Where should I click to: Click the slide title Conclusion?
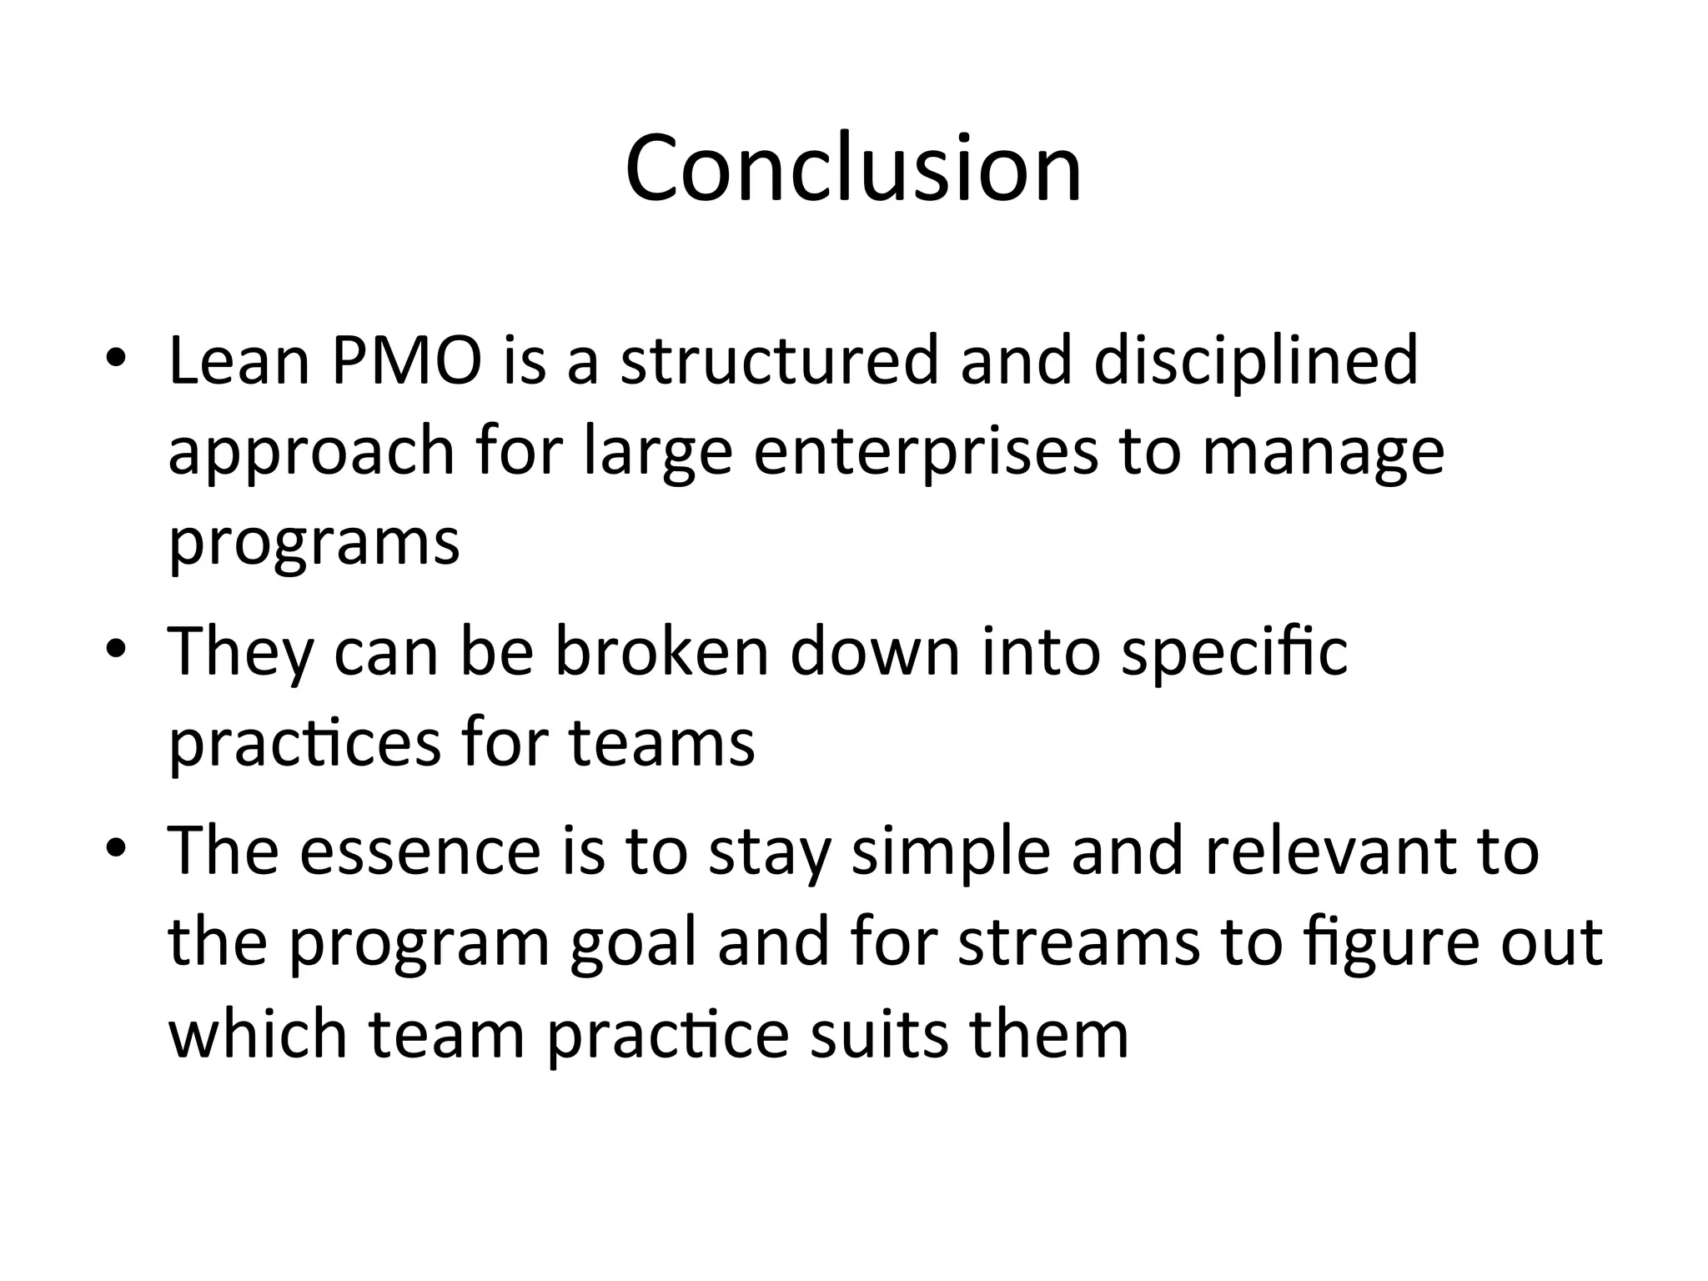(x=853, y=169)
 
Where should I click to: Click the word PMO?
(x=406, y=361)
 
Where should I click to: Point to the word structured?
(x=780, y=361)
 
